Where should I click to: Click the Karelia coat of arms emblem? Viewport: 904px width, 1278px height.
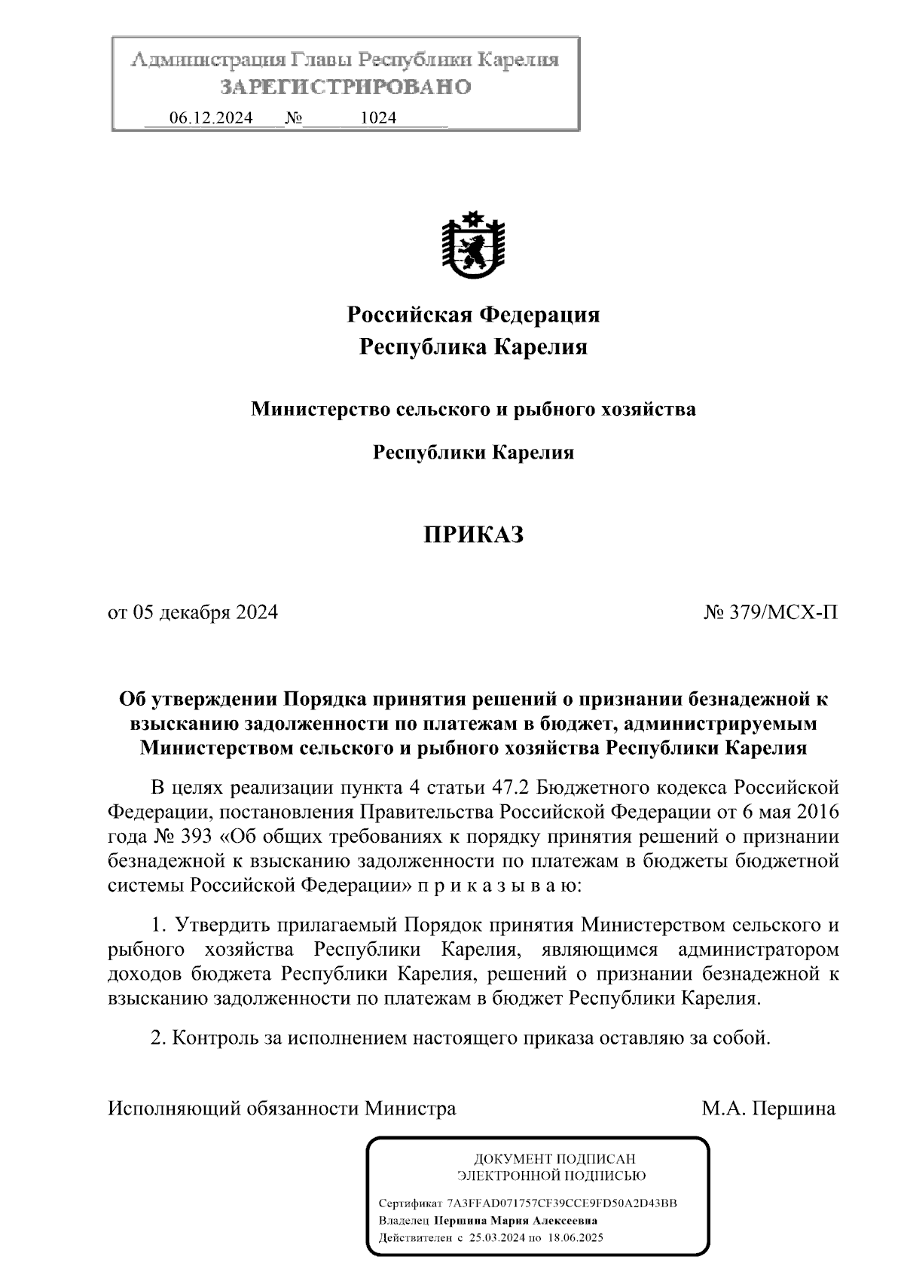pyautogui.click(x=472, y=246)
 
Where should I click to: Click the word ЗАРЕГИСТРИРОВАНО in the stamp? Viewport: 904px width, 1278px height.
pyautogui.click(x=346, y=87)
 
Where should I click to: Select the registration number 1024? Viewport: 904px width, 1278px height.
pyautogui.click(x=378, y=118)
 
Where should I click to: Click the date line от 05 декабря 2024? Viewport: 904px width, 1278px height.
pyautogui.click(x=194, y=612)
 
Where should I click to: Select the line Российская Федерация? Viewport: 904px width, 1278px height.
pyautogui.click(x=473, y=314)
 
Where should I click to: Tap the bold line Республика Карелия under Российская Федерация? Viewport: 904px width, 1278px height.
pyautogui.click(x=473, y=347)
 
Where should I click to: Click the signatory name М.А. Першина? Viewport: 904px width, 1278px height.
pyautogui.click(x=768, y=1109)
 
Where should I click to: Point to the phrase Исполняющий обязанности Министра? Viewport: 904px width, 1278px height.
pyautogui.click(x=282, y=1109)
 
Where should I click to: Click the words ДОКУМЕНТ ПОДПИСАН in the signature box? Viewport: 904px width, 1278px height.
pyautogui.click(x=554, y=1159)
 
